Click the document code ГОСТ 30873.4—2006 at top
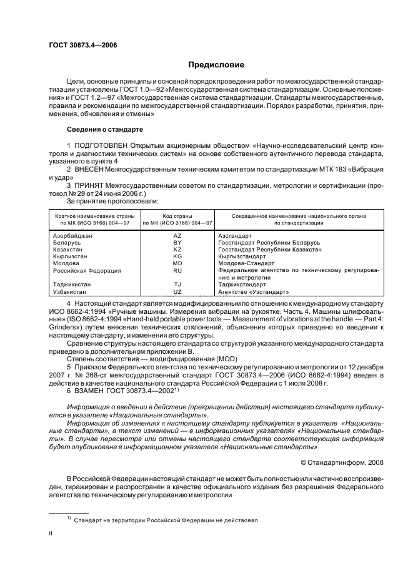coord(82,44)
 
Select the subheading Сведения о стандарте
coord(105,129)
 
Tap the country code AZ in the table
coord(177,236)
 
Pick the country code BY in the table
coord(177,243)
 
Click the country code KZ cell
coord(177,250)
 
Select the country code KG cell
coord(177,256)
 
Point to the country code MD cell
coord(177,263)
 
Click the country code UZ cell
coord(177,291)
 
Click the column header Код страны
coord(177,215)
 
